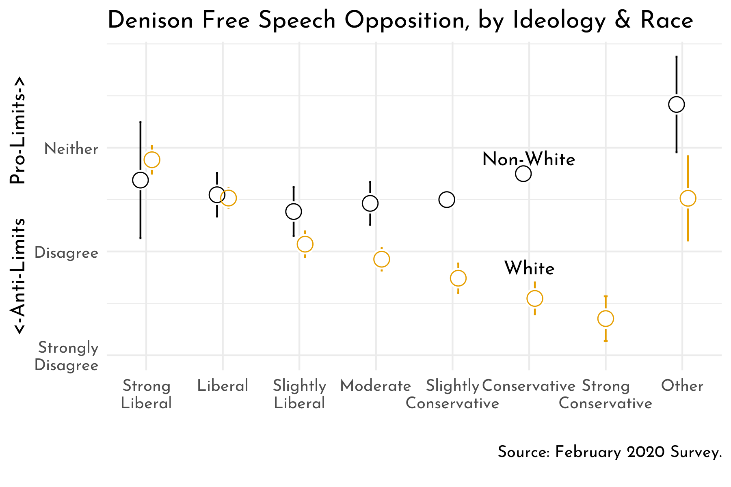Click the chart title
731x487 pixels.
pos(400,20)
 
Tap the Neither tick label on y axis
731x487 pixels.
pos(71,149)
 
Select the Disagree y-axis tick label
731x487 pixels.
pos(67,253)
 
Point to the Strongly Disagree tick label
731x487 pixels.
pos(67,356)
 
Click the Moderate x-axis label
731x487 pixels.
pos(376,386)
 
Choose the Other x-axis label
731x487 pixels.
pos(682,386)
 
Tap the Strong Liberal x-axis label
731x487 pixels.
pos(146,394)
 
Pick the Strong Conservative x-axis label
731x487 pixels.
pos(606,394)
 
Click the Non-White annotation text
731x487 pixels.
pos(528,159)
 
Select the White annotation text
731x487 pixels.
pos(530,268)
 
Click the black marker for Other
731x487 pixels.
pos(677,104)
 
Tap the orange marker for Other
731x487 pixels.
pos(688,198)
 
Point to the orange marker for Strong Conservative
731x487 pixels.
pos(606,319)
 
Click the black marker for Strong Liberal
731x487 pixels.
pos(141,180)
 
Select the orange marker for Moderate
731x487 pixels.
pos(382,259)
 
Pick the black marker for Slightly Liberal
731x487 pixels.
pos(294,211)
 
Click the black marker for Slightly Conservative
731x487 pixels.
pos(447,199)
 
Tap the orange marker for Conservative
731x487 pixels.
pos(535,299)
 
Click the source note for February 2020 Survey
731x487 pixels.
pos(610,452)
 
